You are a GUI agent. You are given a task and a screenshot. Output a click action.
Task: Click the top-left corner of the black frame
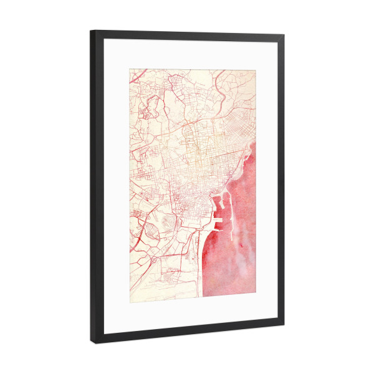tap(92, 31)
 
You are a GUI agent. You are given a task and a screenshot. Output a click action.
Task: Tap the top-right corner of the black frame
tap(284, 36)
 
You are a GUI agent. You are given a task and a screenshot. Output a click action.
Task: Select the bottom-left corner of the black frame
tap(92, 342)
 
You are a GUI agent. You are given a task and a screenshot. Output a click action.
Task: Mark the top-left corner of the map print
tap(130, 69)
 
